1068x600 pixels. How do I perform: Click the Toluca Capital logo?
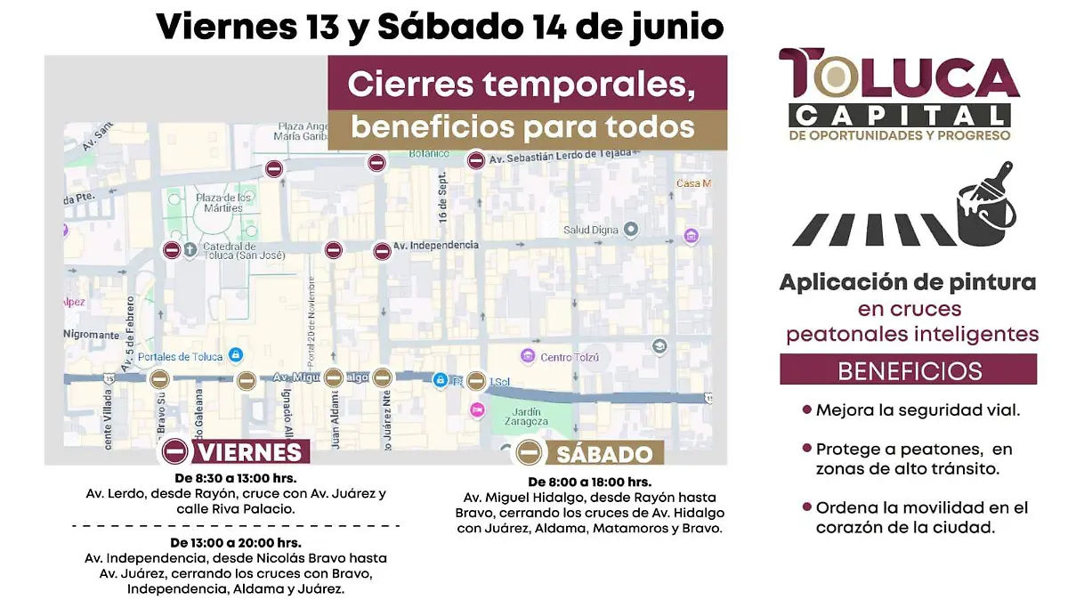(899, 94)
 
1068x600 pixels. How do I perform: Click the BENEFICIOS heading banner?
(909, 369)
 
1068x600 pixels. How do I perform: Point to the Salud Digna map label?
(590, 230)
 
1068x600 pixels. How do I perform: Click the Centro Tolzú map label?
(570, 358)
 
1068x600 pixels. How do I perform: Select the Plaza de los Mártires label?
(219, 202)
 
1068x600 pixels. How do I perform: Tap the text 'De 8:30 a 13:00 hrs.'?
(235, 479)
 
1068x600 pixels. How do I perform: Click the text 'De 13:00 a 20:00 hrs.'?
(235, 542)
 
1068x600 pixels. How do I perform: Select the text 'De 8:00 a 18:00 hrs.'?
(589, 482)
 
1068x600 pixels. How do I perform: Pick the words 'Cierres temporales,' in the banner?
(521, 85)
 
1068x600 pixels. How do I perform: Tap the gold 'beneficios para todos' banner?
(522, 127)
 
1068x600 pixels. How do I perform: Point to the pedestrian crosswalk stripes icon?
(872, 230)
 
